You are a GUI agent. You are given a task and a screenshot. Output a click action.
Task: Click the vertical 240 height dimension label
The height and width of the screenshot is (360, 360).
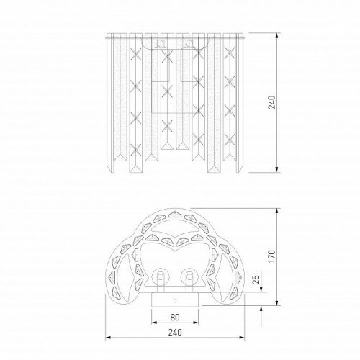tap(271, 102)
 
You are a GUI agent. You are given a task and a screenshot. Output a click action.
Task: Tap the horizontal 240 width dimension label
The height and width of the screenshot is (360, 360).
tap(175, 333)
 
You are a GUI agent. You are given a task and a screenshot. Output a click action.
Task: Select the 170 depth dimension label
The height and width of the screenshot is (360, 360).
tap(271, 256)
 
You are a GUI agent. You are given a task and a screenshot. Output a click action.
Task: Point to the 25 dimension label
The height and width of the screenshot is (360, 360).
tap(256, 279)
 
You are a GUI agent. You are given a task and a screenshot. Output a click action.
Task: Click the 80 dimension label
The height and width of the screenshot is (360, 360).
tap(175, 317)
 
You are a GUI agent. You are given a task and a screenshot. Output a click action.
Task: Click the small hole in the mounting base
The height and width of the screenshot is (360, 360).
tap(175, 300)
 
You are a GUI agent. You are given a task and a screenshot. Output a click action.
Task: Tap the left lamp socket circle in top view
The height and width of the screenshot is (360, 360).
tap(160, 277)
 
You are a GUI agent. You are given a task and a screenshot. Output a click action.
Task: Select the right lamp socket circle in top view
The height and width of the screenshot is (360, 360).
tap(189, 277)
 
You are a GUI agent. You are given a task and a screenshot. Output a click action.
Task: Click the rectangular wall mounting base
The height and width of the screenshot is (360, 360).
tap(175, 300)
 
